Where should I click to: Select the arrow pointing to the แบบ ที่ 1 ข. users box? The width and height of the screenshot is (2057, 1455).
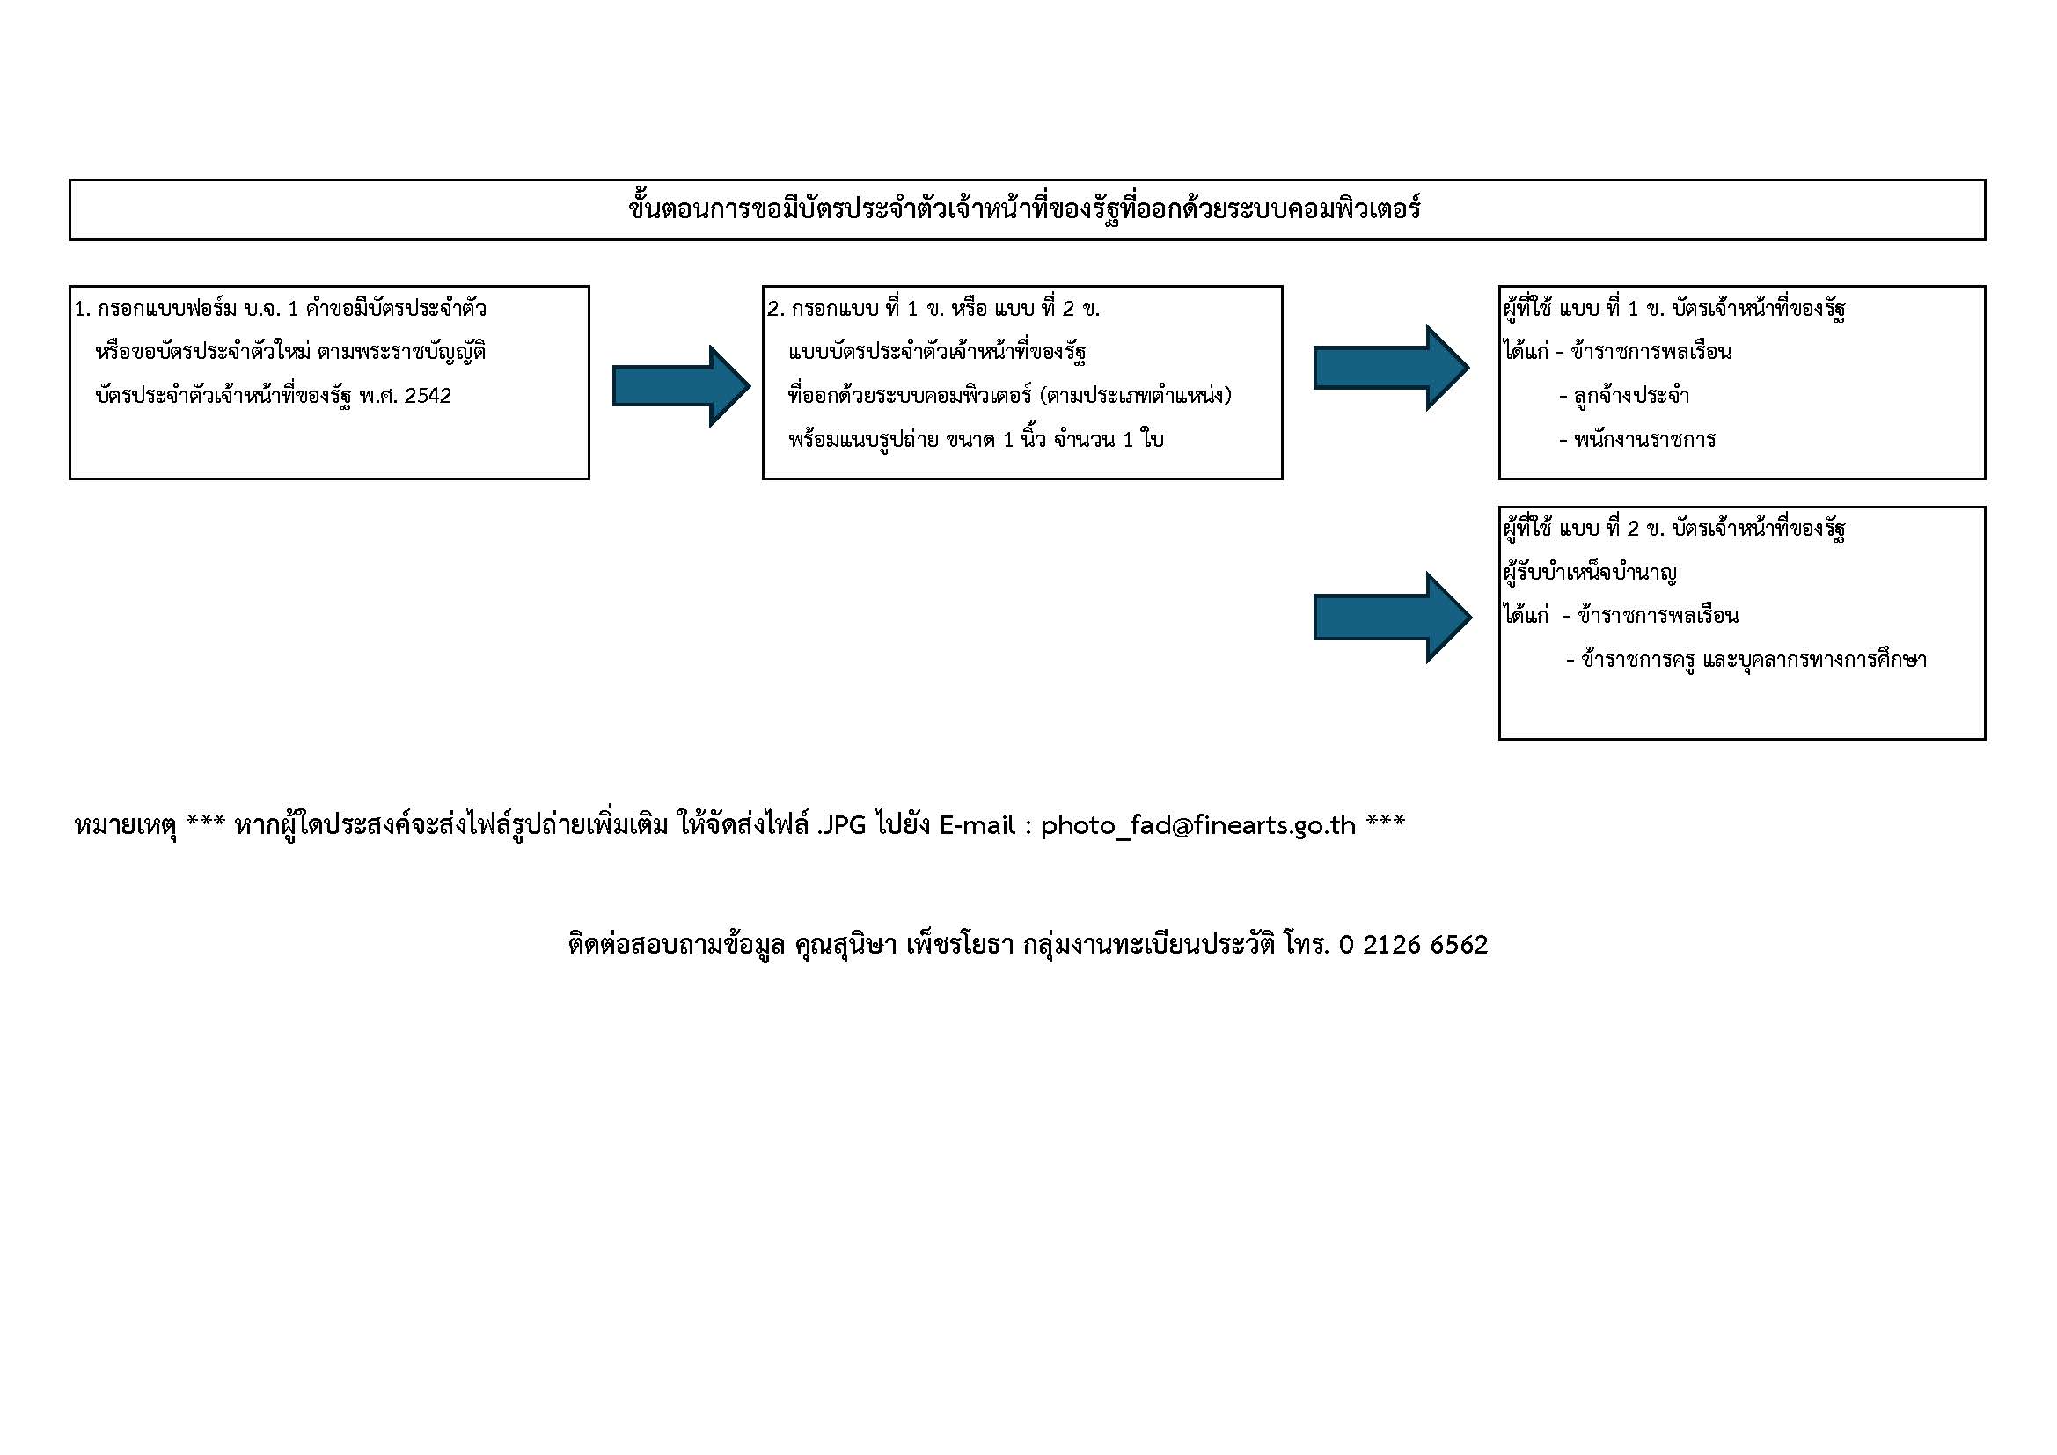[1389, 368]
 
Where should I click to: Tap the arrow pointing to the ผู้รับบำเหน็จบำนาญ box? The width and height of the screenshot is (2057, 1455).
[1391, 618]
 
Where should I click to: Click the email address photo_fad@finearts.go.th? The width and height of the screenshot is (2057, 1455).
[1197, 825]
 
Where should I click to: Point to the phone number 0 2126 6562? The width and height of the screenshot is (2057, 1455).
[1413, 945]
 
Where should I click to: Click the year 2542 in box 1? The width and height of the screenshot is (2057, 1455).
[428, 396]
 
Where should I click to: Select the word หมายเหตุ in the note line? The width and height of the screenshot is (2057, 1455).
[126, 825]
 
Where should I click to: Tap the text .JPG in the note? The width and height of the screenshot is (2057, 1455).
[841, 825]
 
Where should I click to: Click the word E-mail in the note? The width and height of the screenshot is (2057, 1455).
[977, 825]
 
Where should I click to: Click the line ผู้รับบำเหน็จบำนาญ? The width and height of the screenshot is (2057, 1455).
[1590, 573]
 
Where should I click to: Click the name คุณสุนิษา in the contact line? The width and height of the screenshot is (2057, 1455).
[845, 945]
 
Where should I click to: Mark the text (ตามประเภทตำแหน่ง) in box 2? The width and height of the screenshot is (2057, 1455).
[1136, 396]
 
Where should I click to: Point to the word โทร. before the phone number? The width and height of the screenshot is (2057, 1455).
[1307, 945]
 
